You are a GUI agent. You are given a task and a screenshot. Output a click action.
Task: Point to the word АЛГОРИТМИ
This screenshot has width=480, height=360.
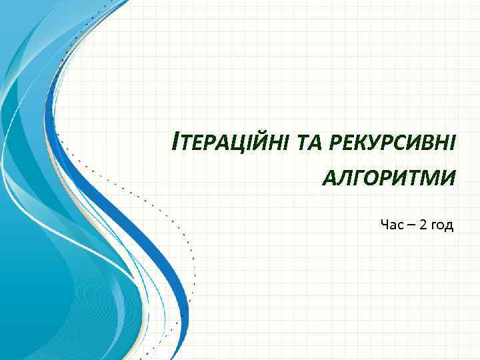click(389, 177)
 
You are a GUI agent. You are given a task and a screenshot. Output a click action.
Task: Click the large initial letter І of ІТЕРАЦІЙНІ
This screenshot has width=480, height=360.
click(175, 142)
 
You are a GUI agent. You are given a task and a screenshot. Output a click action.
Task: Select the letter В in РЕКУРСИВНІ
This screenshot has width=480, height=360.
click(425, 143)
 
